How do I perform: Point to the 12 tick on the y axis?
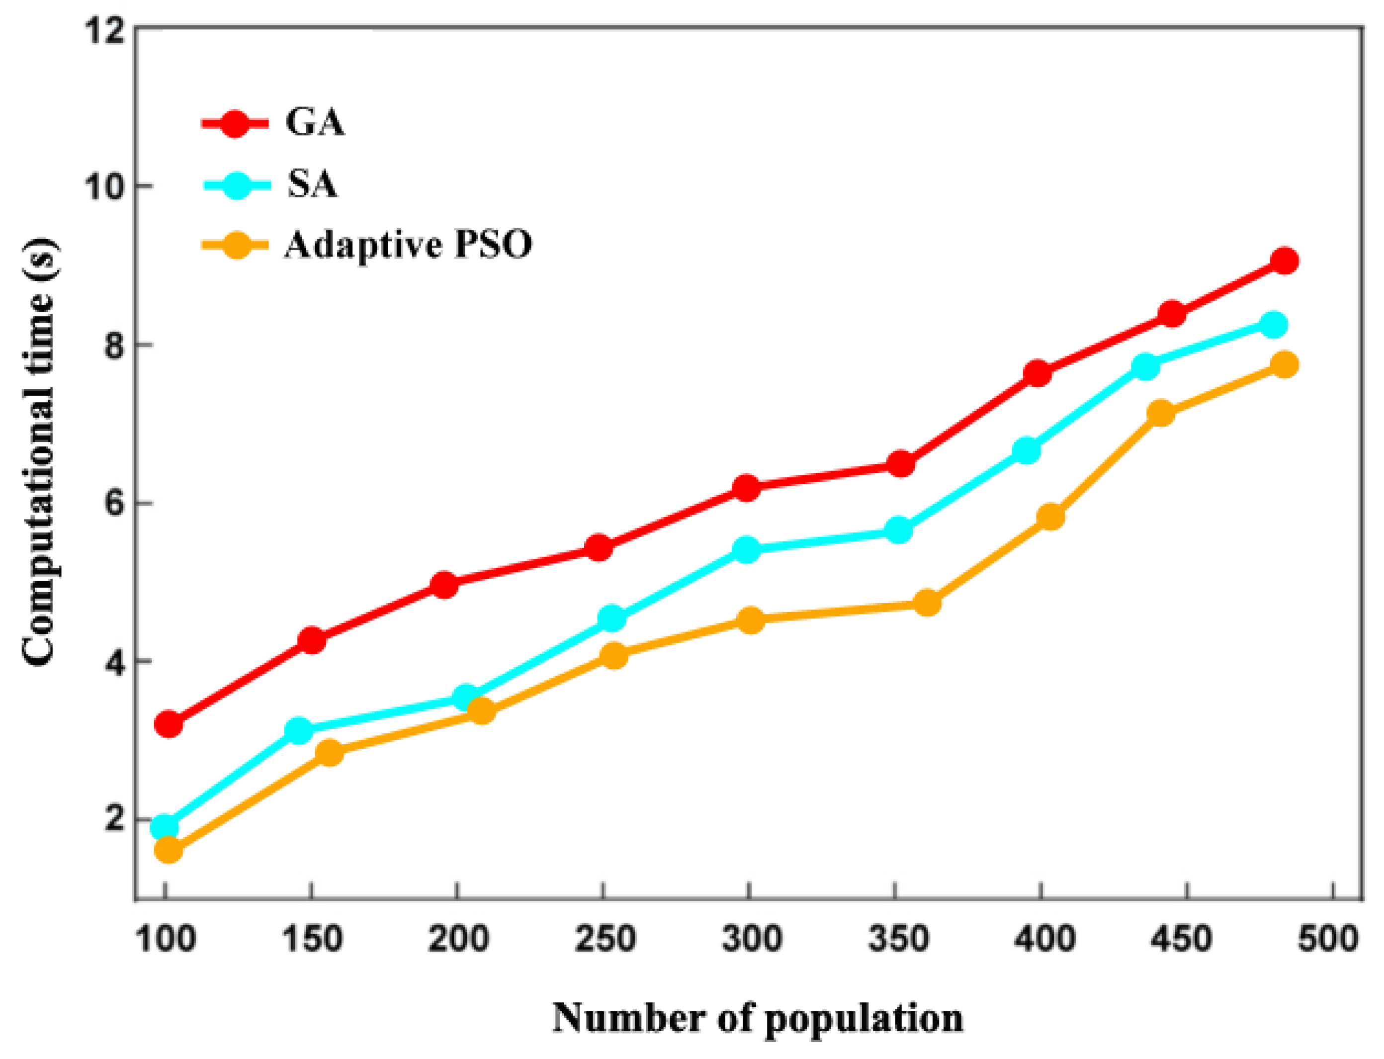(100, 30)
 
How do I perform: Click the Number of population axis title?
(758, 1017)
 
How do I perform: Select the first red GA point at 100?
(168, 724)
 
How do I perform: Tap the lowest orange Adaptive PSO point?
(168, 850)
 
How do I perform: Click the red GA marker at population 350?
(901, 464)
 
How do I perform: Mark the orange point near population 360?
(927, 603)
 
